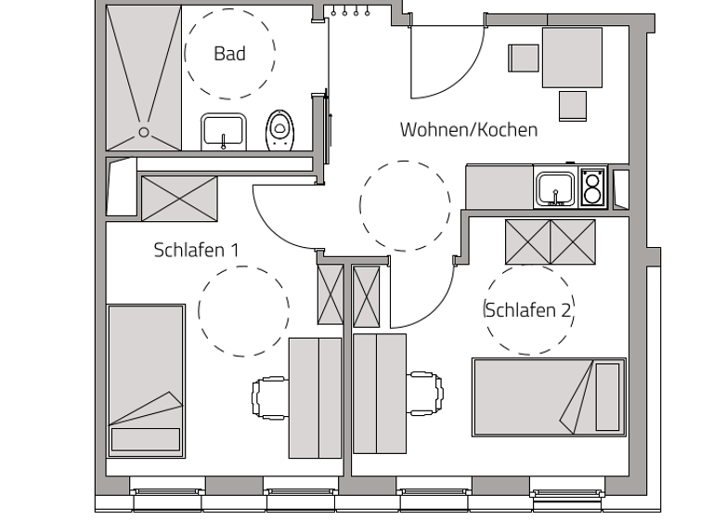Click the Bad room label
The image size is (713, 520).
(x=229, y=54)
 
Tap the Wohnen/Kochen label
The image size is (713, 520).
(x=468, y=130)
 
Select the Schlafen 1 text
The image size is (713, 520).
(x=197, y=250)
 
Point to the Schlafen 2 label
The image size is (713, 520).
(x=527, y=310)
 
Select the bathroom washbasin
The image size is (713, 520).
(x=223, y=131)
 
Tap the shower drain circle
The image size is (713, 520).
(x=144, y=132)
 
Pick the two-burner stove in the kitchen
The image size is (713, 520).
(x=593, y=188)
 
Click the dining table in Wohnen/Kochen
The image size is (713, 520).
(x=572, y=58)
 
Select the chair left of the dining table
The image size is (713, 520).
(x=523, y=58)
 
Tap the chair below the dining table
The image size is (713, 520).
(x=572, y=104)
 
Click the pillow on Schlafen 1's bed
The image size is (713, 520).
(x=145, y=439)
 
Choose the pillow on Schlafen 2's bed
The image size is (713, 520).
(x=607, y=396)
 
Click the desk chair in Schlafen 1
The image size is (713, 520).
(x=270, y=396)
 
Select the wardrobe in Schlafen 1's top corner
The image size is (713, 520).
(x=179, y=197)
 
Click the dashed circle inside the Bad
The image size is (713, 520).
(x=229, y=54)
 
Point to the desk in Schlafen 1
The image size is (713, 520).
(x=316, y=397)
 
